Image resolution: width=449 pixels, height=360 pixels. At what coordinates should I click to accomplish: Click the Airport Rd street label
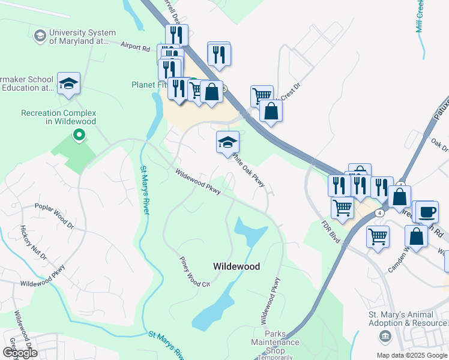point(134,46)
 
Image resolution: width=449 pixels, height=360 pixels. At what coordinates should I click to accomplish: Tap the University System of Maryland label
point(82,37)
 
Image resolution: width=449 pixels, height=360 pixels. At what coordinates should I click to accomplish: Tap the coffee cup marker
point(425,212)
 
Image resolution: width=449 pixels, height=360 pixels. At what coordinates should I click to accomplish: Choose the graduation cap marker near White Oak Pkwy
point(228,143)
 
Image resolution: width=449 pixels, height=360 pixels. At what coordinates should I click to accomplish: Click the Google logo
point(20,353)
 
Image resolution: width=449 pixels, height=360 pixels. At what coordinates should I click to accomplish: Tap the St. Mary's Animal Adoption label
point(408,319)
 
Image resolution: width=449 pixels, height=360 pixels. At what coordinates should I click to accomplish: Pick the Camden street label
point(400,260)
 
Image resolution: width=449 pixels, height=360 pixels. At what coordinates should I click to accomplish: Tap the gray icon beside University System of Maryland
point(40,36)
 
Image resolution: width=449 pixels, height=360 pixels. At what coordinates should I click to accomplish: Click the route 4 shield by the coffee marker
point(380,213)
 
